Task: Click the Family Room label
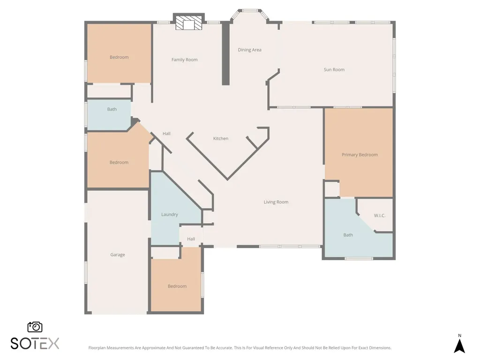[x=184, y=60]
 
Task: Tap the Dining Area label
[x=249, y=50]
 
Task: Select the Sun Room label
[x=334, y=69]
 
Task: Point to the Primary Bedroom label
[x=360, y=155]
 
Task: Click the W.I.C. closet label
[x=380, y=216]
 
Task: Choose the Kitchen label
[x=221, y=138]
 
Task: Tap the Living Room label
[x=276, y=202]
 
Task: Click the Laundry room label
[x=170, y=215]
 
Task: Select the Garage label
[x=118, y=255]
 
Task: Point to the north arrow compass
[x=459, y=344]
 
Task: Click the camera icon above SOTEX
[x=35, y=327]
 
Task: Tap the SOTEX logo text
[x=35, y=344]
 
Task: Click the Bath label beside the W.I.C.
[x=348, y=235]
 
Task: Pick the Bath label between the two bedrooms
[x=112, y=109]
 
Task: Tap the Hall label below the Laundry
[x=191, y=239]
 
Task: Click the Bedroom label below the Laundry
[x=177, y=286]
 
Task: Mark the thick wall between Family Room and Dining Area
[x=225, y=53]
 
